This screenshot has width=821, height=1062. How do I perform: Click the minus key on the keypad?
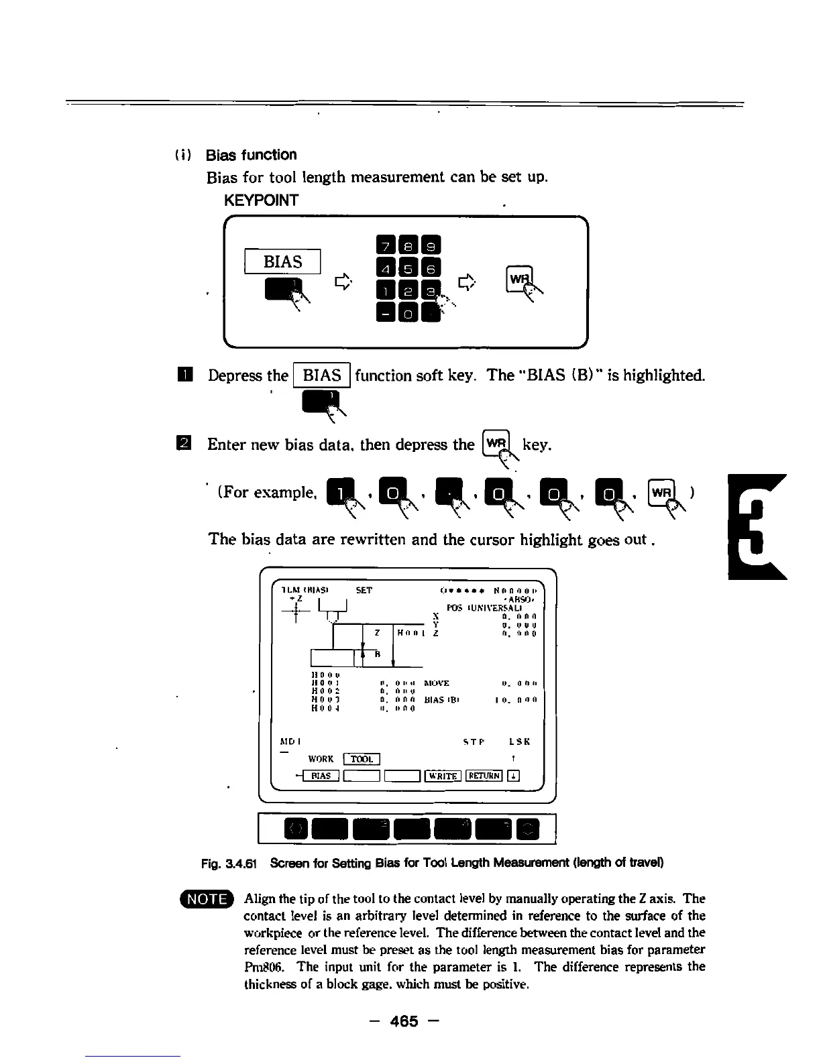click(x=386, y=312)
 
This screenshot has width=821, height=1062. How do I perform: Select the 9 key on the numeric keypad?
click(x=431, y=246)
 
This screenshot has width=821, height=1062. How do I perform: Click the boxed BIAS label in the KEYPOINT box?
click(x=283, y=261)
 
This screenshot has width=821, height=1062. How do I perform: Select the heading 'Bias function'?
click(x=252, y=155)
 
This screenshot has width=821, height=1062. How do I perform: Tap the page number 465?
click(x=404, y=1021)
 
